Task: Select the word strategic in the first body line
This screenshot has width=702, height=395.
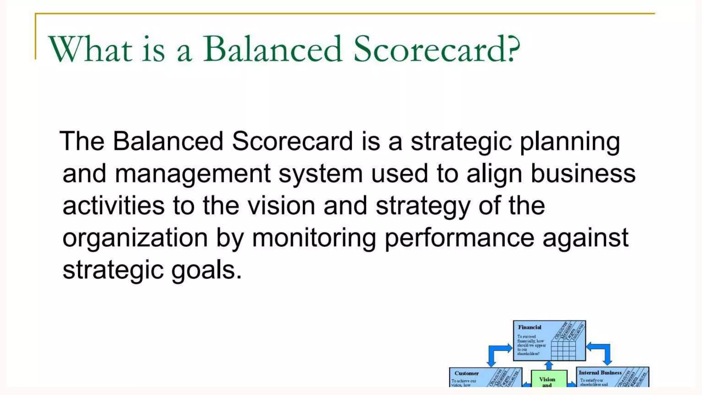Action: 461,141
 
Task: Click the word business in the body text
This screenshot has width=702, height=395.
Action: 583,173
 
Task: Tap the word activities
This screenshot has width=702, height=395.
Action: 113,206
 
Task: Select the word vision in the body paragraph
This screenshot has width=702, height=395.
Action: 281,206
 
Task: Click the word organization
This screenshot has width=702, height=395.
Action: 135,238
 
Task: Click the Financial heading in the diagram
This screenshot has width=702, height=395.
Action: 530,327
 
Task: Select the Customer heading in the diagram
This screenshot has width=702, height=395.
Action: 467,373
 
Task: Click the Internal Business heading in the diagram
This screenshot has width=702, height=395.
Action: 600,373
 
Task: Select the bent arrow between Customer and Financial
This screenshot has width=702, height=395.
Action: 497,353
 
